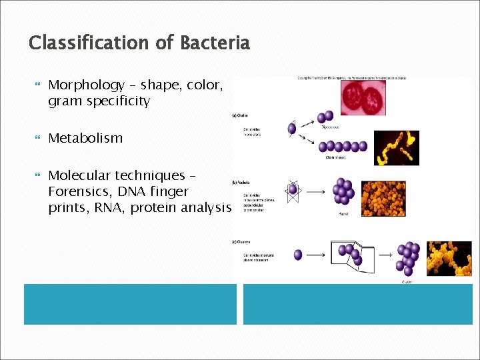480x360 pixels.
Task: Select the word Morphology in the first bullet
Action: (x=87, y=85)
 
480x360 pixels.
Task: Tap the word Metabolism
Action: (x=85, y=139)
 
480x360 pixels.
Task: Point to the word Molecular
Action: (x=79, y=176)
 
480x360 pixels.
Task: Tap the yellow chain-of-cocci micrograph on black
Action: (x=396, y=147)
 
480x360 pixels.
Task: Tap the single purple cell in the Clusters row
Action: (x=298, y=255)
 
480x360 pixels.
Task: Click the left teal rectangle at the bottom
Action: (x=130, y=304)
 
